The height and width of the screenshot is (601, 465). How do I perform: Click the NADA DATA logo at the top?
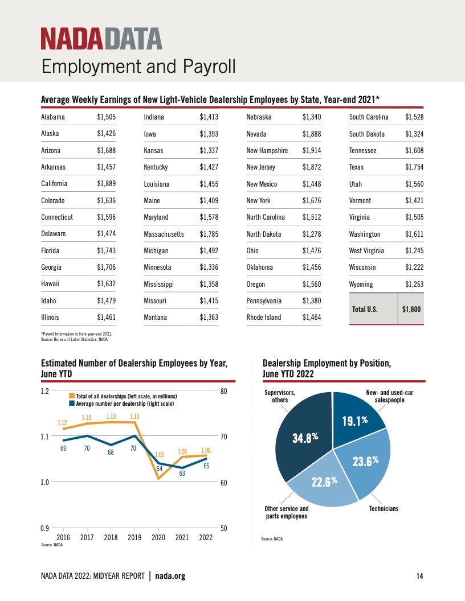point(101,39)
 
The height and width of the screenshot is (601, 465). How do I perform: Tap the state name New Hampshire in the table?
point(267,151)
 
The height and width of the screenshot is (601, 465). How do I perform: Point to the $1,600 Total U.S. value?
point(411,310)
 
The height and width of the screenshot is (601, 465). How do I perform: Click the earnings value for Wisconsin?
point(414,267)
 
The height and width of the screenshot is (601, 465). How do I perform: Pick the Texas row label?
point(356,167)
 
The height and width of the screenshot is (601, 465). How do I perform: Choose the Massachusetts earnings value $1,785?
point(209,234)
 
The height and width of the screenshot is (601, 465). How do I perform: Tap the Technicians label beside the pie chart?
point(384,508)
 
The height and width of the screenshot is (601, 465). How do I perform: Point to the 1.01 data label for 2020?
point(160,455)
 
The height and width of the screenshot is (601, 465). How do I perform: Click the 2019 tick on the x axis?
point(134,537)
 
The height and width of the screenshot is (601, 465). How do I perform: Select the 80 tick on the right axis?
point(224,391)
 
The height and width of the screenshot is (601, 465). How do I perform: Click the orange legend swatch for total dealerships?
point(72,396)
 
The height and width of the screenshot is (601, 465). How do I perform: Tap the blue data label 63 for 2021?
point(182,473)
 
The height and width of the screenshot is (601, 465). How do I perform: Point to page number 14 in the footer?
point(419,577)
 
